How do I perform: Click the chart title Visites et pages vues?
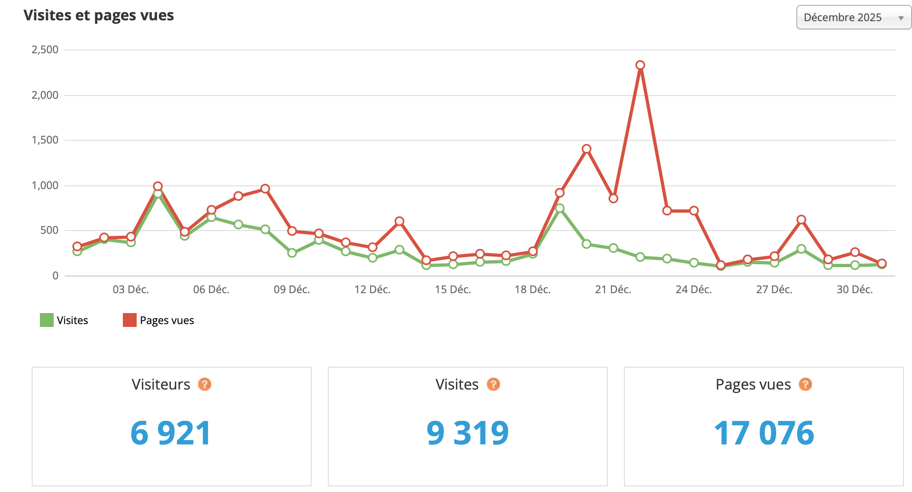click(x=98, y=15)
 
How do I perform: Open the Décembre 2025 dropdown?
click(x=853, y=17)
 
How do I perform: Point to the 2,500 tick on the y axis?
click(x=45, y=50)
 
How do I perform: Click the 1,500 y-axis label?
click(x=45, y=140)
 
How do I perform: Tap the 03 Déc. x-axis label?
click(x=131, y=290)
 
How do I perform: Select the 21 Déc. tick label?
click(x=613, y=290)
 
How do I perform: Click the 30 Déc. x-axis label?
click(x=855, y=290)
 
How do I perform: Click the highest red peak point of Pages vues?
click(x=640, y=65)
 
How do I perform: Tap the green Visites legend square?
click(x=47, y=320)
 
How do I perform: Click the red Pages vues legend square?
click(x=130, y=320)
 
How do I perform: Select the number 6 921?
click(x=171, y=433)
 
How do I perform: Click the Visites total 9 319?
click(x=467, y=433)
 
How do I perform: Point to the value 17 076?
click(x=764, y=433)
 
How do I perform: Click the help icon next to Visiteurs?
click(x=205, y=384)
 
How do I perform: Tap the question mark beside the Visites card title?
click(x=493, y=384)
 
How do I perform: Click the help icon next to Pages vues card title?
click(x=805, y=384)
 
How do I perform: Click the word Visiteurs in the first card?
click(x=161, y=384)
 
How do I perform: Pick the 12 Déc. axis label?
click(x=372, y=290)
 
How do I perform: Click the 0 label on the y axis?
click(x=55, y=276)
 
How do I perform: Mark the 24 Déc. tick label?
click(x=694, y=290)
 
